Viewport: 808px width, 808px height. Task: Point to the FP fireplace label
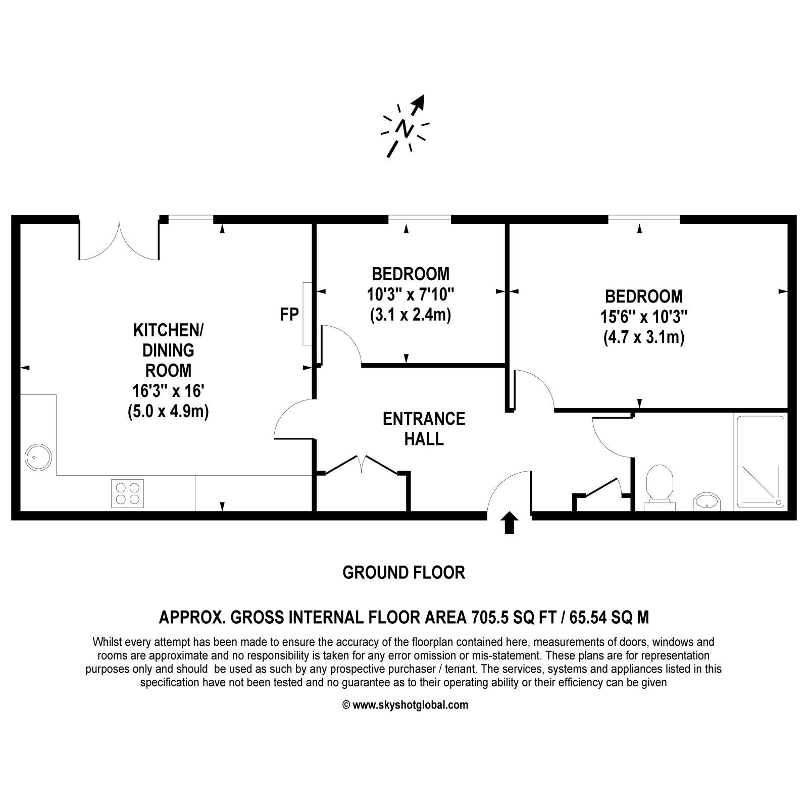[289, 315]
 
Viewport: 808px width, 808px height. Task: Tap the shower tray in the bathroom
[761, 461]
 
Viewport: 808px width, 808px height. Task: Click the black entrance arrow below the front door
[510, 523]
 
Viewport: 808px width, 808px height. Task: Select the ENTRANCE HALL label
[424, 429]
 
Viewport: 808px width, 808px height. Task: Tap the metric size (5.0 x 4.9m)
[168, 411]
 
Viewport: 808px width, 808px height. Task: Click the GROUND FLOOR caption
[403, 573]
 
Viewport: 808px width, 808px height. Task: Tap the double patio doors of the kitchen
[119, 239]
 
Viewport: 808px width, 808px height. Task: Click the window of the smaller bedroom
[419, 219]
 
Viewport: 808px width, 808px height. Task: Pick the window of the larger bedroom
[644, 219]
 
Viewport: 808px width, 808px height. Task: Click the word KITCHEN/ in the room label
[168, 330]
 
